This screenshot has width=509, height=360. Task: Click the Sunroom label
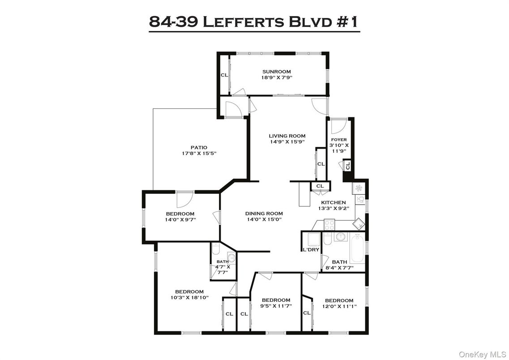(276, 72)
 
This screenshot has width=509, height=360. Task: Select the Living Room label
(287, 136)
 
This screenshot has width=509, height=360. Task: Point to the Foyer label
(339, 140)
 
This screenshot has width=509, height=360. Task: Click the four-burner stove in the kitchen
(329, 224)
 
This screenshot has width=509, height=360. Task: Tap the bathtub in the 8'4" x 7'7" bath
(357, 250)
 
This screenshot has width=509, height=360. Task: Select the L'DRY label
(311, 249)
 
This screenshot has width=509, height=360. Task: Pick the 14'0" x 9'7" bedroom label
(180, 214)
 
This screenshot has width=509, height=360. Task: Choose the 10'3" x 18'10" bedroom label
(189, 291)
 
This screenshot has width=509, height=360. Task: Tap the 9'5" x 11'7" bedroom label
(276, 300)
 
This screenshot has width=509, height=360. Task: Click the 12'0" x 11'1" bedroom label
(339, 300)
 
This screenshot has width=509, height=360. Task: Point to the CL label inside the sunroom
(224, 75)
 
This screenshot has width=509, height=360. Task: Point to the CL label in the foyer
(348, 166)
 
